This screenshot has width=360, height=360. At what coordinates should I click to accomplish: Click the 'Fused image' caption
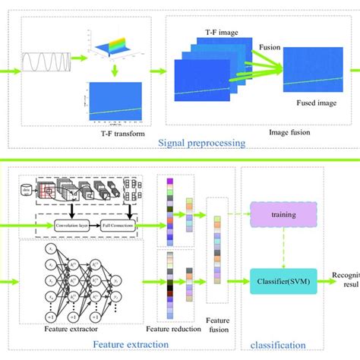tap(307, 109)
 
